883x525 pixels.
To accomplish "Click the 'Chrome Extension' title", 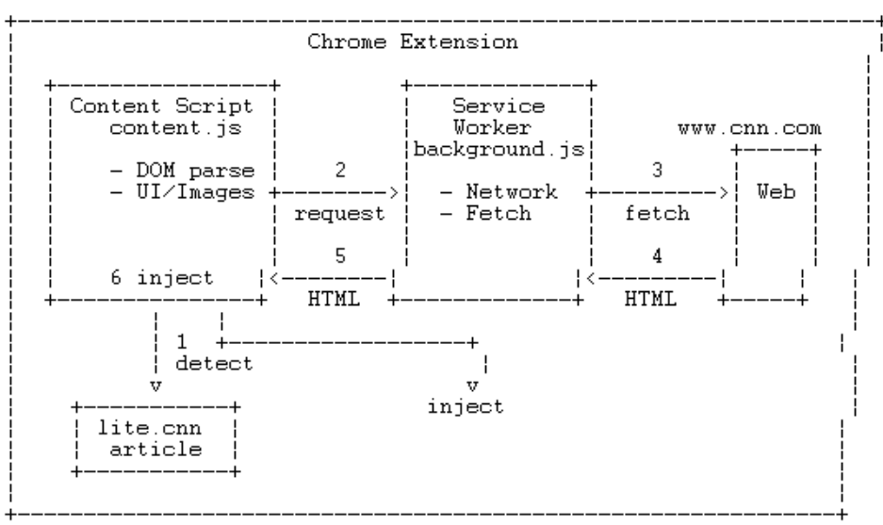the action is tap(412, 41).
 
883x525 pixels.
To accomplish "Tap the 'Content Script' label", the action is tap(162, 106).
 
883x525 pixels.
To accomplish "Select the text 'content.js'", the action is tap(175, 128).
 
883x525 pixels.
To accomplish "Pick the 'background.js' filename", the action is tap(499, 149).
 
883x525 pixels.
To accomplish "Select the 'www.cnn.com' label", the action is tap(749, 128).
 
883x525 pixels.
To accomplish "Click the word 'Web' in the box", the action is tap(776, 191).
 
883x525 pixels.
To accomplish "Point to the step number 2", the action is tap(340, 170).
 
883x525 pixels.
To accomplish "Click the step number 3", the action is tap(657, 170).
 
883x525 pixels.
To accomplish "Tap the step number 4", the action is tap(657, 256).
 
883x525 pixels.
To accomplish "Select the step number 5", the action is tap(340, 256).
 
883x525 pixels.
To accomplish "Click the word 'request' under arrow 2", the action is tap(339, 214).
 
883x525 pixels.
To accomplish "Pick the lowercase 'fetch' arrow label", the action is tap(657, 214).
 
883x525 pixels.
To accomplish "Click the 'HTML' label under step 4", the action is tap(650, 299).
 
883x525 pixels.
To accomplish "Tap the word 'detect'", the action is tap(215, 363).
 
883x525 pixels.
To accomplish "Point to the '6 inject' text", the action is tap(162, 278).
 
